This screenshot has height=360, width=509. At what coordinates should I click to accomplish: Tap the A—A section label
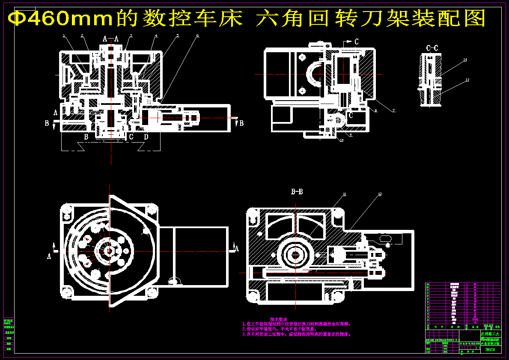click(110, 39)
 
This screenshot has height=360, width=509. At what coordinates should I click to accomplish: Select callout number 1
click(63, 36)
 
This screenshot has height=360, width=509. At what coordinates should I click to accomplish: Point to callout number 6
click(197, 36)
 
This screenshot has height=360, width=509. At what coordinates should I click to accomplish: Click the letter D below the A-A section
click(146, 137)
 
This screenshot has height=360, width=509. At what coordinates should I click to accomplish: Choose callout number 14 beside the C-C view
click(465, 61)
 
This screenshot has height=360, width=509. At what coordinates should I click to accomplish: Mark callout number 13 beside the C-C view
click(467, 80)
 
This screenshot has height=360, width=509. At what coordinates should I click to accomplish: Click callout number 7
click(393, 110)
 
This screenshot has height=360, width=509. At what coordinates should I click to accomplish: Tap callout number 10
click(342, 140)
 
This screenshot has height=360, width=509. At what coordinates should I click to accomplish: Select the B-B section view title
click(297, 192)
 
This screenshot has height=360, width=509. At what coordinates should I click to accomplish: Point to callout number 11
click(344, 194)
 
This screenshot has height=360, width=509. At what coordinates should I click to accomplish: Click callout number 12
click(380, 194)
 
